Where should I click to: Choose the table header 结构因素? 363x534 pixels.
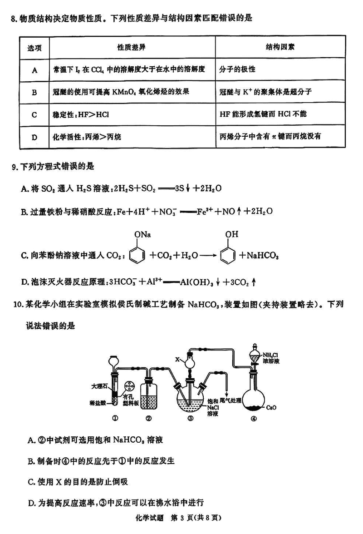[x=278, y=47]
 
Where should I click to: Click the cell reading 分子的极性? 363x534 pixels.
[x=237, y=69]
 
